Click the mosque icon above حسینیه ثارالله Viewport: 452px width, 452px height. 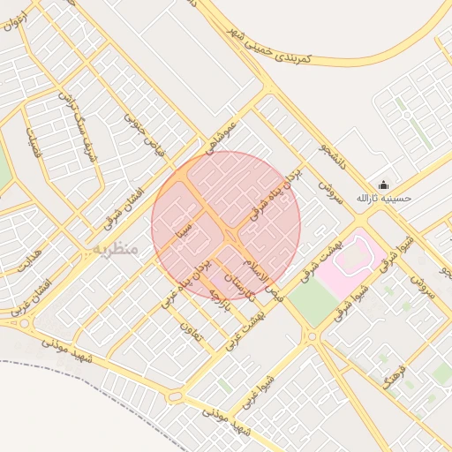(x=383, y=185)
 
